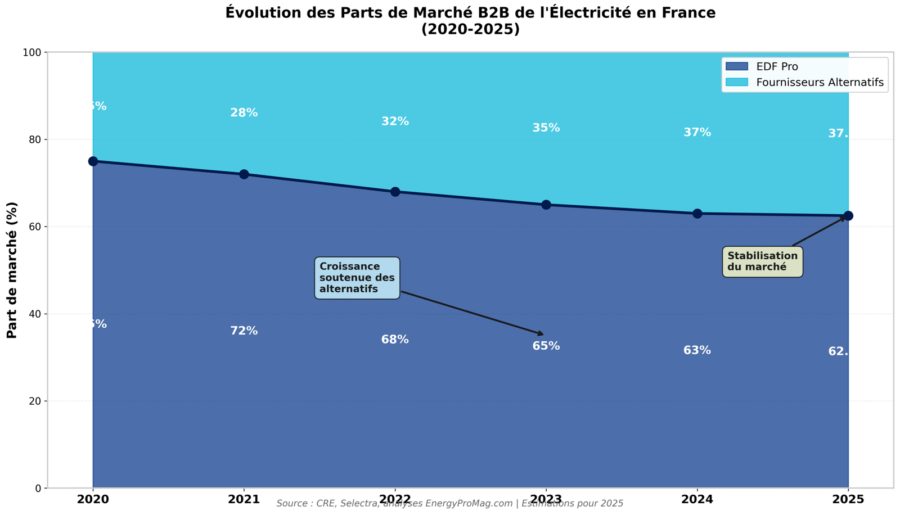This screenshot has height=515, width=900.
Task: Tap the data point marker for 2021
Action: coord(244,174)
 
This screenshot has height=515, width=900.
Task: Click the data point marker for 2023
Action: coord(546,205)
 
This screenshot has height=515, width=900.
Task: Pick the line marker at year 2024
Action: coord(697,214)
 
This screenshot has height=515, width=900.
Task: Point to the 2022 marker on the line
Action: coord(395,192)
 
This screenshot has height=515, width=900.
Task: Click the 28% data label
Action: coord(244,113)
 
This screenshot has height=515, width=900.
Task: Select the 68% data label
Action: coord(395,340)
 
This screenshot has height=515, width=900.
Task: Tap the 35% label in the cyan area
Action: coord(546,128)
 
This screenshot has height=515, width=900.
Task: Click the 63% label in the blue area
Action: coord(697,351)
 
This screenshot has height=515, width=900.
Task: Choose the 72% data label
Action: coord(244,331)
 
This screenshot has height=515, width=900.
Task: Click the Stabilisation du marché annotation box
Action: coord(762,261)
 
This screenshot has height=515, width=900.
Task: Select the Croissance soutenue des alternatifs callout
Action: coord(357,278)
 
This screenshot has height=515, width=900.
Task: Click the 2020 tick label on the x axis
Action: coord(93,499)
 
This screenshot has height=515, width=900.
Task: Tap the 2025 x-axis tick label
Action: coord(848,499)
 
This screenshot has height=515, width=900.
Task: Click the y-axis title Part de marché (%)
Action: coord(12,270)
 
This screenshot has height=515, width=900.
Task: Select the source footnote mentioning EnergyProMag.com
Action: coord(450,504)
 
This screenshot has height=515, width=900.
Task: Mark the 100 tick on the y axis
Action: coord(33,52)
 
